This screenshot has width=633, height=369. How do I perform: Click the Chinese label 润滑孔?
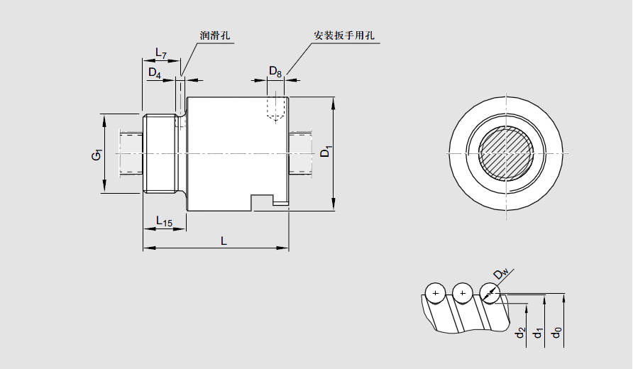[216, 35]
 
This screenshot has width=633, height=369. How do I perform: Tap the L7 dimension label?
[161, 54]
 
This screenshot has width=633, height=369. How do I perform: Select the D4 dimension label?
[154, 72]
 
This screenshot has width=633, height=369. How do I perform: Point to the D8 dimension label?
[275, 72]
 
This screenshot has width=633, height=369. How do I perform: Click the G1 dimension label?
[97, 153]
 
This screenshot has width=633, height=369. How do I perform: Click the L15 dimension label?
[163, 222]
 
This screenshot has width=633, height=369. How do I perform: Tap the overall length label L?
[224, 241]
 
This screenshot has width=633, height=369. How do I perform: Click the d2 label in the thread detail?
[520, 331]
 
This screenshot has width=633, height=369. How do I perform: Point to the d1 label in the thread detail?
[539, 331]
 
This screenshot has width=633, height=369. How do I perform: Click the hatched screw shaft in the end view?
[507, 154]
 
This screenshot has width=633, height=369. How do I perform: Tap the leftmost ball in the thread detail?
[435, 292]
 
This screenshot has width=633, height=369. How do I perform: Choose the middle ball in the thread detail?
[462, 292]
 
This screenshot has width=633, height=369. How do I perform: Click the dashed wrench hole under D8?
[276, 108]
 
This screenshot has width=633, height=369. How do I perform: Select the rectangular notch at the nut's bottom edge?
[263, 202]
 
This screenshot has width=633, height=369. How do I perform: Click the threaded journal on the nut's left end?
[160, 153]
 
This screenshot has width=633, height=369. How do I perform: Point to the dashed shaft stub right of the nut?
[301, 152]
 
